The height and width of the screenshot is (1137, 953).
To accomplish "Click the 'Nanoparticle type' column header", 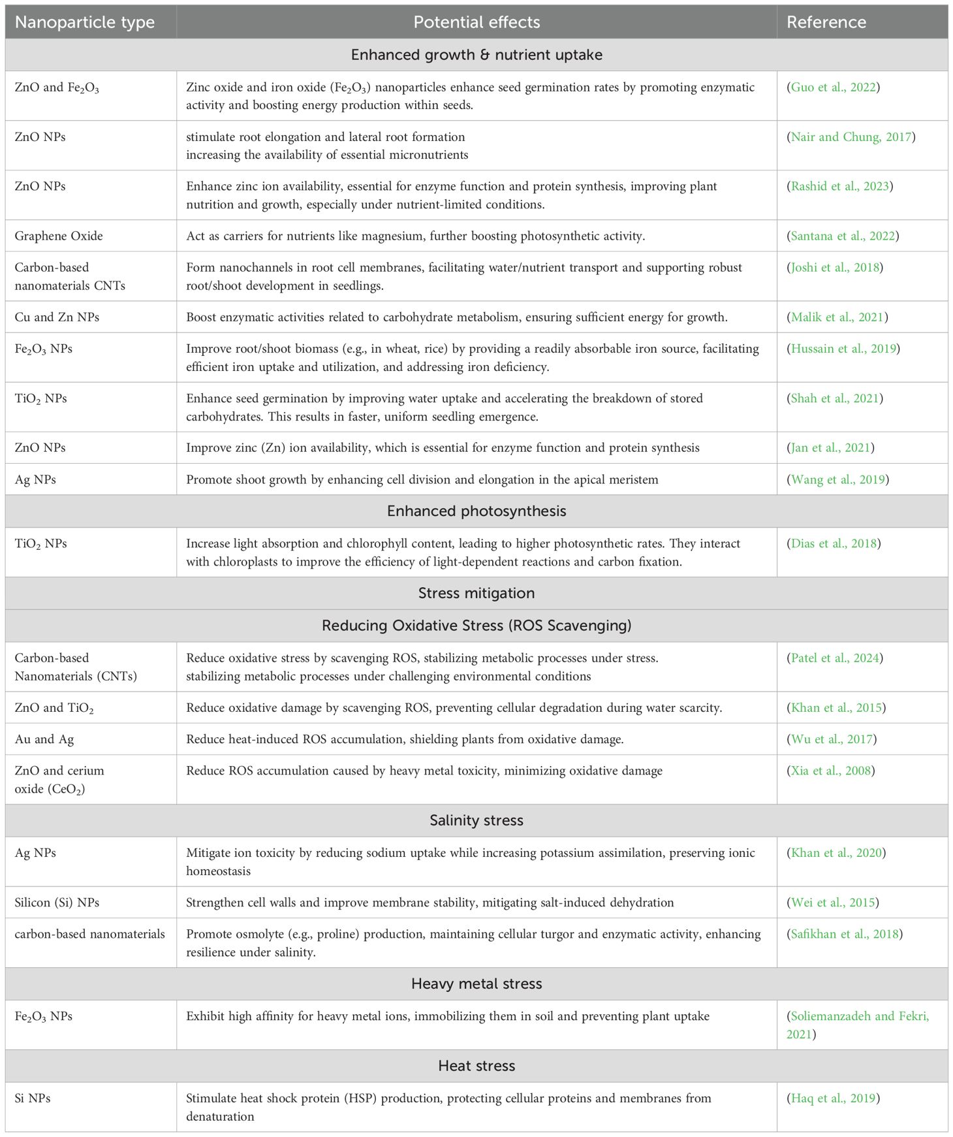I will pos(85,22).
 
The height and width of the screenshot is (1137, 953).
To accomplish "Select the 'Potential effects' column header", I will pos(476,22).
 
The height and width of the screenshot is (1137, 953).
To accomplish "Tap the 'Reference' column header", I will pos(826,22).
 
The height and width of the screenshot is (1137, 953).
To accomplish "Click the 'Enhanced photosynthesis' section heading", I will pos(476,511).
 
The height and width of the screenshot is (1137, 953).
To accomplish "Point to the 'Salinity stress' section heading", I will pos(476,820).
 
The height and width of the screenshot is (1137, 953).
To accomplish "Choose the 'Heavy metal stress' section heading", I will pos(476,984).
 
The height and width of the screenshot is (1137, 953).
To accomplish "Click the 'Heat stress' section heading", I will pos(476,1066).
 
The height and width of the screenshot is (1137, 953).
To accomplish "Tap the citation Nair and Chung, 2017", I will pos(851,137).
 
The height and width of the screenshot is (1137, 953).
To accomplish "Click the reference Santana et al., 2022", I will pos(843,236).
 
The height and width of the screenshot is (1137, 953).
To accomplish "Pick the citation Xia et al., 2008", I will pos(831,771).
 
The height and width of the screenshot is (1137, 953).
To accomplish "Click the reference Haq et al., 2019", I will pos(833,1098).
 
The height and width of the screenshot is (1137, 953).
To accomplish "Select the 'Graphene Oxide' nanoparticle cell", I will pos(59,236).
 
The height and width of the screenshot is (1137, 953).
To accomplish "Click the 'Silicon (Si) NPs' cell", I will pos(57,903).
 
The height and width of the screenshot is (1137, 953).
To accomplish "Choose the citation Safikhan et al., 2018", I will pos(845,934).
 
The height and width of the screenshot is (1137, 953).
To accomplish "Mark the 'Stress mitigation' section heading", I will pos(476,593).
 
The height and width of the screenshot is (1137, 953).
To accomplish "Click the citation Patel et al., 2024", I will pos(835,658).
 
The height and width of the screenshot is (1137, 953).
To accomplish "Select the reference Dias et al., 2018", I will pos(834,543).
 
